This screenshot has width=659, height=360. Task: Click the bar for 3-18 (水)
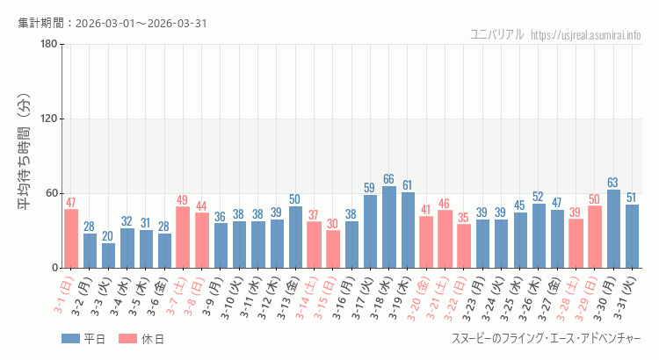pyautogui.click(x=388, y=227)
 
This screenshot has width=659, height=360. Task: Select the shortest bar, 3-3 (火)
pyautogui.click(x=108, y=256)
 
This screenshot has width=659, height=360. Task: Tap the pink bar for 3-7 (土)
pyautogui.click(x=183, y=237)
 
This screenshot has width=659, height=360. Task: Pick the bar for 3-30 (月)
pyautogui.click(x=613, y=229)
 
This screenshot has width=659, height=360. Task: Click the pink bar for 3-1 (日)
pyautogui.click(x=71, y=238)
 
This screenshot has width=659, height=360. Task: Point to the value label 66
pyautogui.click(x=388, y=179)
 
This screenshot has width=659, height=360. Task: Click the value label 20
pyautogui.click(x=108, y=236)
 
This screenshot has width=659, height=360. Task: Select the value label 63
pyautogui.click(x=613, y=183)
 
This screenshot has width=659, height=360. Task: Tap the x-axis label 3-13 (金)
pyautogui.click(x=289, y=296)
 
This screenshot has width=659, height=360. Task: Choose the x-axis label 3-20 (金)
pyautogui.click(x=420, y=296)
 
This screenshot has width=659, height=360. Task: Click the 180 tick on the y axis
pyautogui.click(x=48, y=45)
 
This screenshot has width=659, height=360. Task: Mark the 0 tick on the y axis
pyautogui.click(x=54, y=268)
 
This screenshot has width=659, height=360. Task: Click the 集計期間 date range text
pyautogui.click(x=112, y=23)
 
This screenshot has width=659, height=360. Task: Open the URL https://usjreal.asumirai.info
pyautogui.click(x=586, y=34)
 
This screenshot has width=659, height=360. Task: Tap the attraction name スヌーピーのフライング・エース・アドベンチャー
pyautogui.click(x=546, y=339)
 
